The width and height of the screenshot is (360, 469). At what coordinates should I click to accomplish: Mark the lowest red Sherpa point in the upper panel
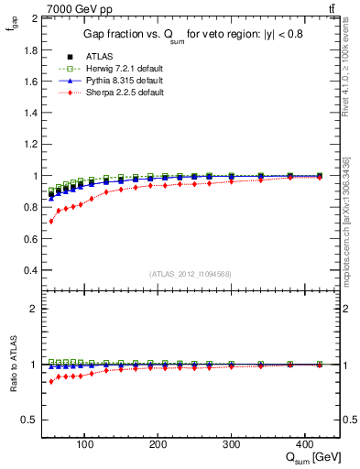point(51,222)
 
